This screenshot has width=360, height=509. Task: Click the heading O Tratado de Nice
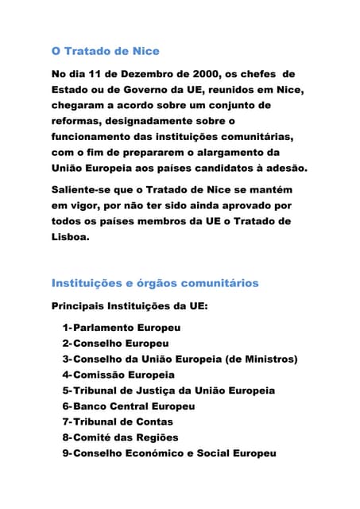[105, 52]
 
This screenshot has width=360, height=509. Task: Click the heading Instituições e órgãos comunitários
[155, 283]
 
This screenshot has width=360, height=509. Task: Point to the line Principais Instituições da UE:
[129, 305]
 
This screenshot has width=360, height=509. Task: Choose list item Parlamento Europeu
[126, 328]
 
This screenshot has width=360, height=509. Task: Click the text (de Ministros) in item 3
[256, 359]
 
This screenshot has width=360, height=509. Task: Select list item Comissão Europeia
[123, 375]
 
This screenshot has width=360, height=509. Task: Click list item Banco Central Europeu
[134, 406]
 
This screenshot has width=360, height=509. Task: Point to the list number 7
[66, 422]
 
